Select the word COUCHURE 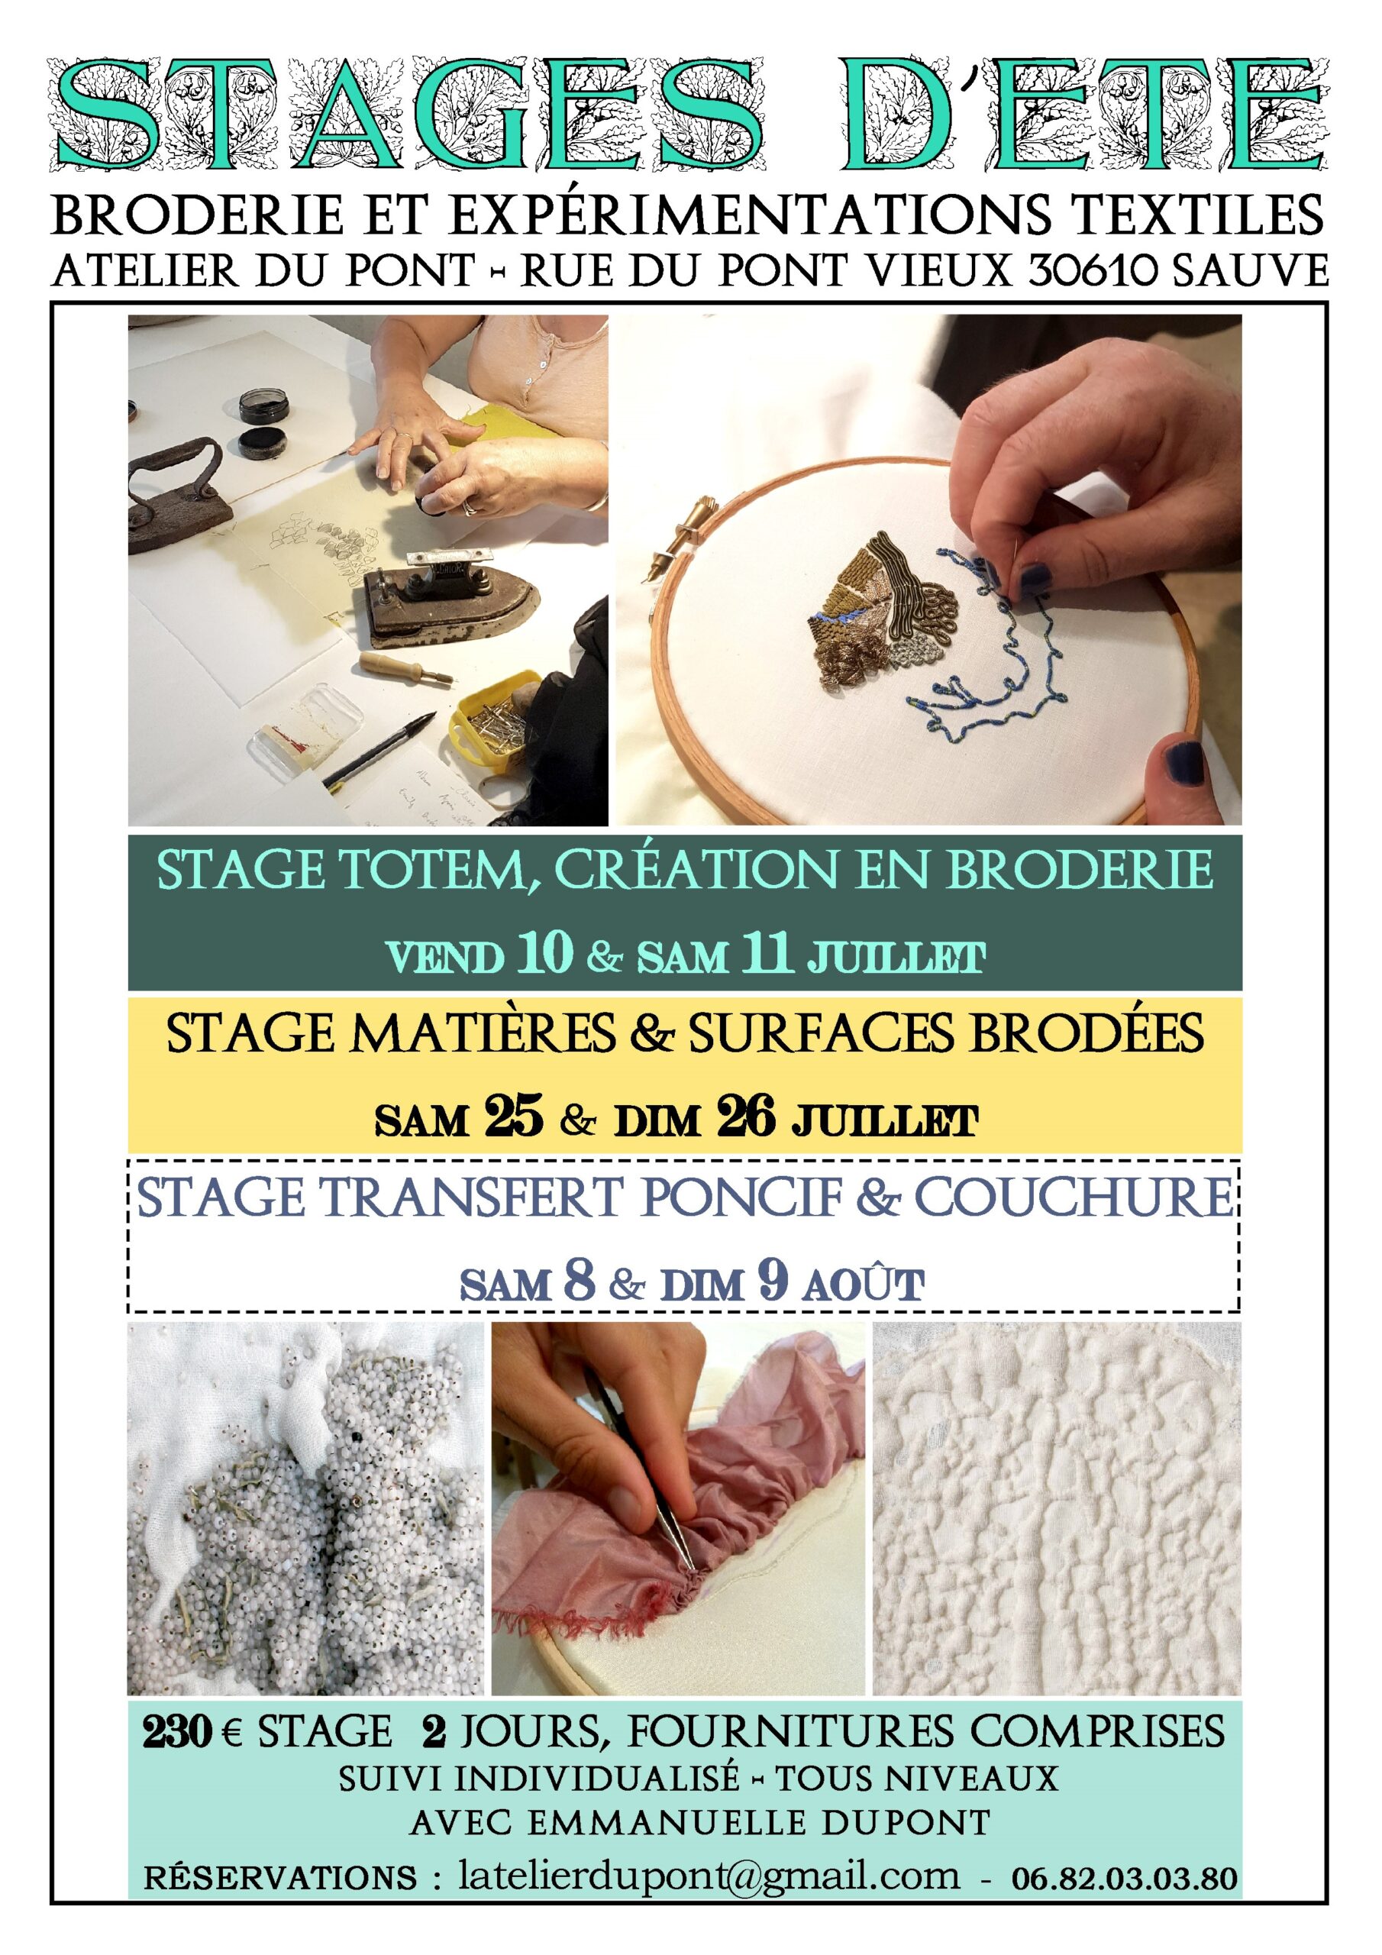tap(1073, 1198)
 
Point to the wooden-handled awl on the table tap(406, 667)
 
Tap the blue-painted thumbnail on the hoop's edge tap(1180, 756)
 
